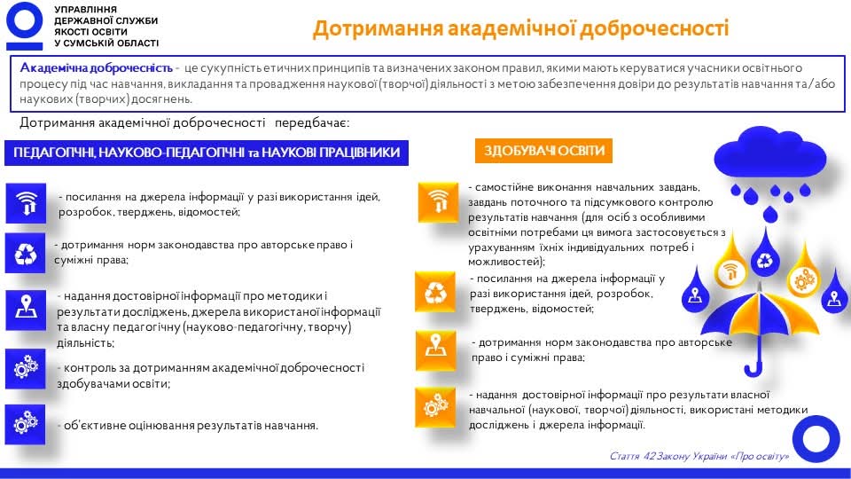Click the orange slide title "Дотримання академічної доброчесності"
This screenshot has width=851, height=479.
pos(521,28)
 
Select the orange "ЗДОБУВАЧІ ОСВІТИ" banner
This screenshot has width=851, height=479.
pos(543,151)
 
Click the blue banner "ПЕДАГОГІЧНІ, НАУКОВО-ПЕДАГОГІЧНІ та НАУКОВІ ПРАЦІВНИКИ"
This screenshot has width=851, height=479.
pos(207,153)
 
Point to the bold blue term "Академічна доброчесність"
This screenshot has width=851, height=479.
pos(96,68)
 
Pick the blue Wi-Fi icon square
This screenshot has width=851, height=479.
pos(26,203)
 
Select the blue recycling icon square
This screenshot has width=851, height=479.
pos(26,253)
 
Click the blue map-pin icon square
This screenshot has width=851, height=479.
pos(26,310)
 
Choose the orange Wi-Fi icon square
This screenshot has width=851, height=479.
pos(438,202)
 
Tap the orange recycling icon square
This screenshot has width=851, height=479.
pos(435,292)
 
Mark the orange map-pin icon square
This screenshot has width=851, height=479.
pos(436,350)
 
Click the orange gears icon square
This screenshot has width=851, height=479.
pos(435,407)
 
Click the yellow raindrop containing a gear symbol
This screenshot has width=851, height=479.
pos(803,273)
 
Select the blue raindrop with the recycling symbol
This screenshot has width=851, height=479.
pos(765,256)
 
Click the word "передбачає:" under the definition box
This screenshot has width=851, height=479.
pos(312,122)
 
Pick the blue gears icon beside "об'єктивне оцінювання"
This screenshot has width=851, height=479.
pos(25,425)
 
